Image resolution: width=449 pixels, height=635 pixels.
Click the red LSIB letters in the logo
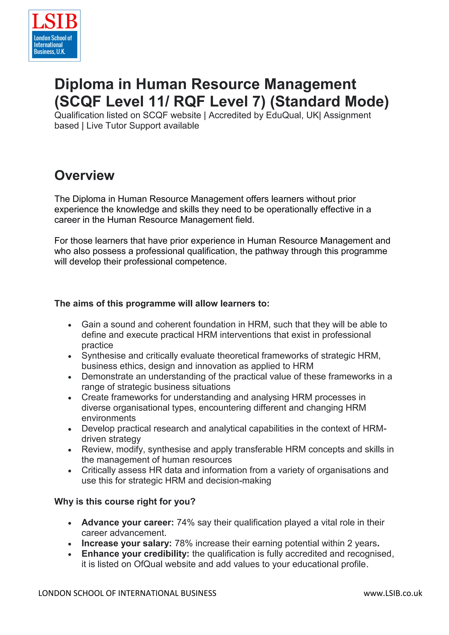pyautogui.click(x=55, y=21)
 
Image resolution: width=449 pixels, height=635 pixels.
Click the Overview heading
pyautogui.click(x=84, y=175)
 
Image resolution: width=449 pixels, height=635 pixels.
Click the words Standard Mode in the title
pyautogui.click(x=329, y=101)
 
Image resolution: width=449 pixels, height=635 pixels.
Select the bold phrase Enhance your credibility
pyautogui.click(x=135, y=554)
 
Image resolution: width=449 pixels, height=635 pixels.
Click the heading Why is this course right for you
pyautogui.click(x=125, y=501)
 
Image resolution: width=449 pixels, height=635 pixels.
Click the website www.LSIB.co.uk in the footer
pyautogui.click(x=393, y=593)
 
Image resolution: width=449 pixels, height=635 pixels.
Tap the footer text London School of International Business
pyautogui.click(x=127, y=593)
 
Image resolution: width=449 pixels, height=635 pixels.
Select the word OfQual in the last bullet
pyautogui.click(x=147, y=564)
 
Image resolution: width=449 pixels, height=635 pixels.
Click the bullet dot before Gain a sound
pyautogui.click(x=70, y=325)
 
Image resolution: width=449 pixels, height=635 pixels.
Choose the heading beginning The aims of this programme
pyautogui.click(x=162, y=303)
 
